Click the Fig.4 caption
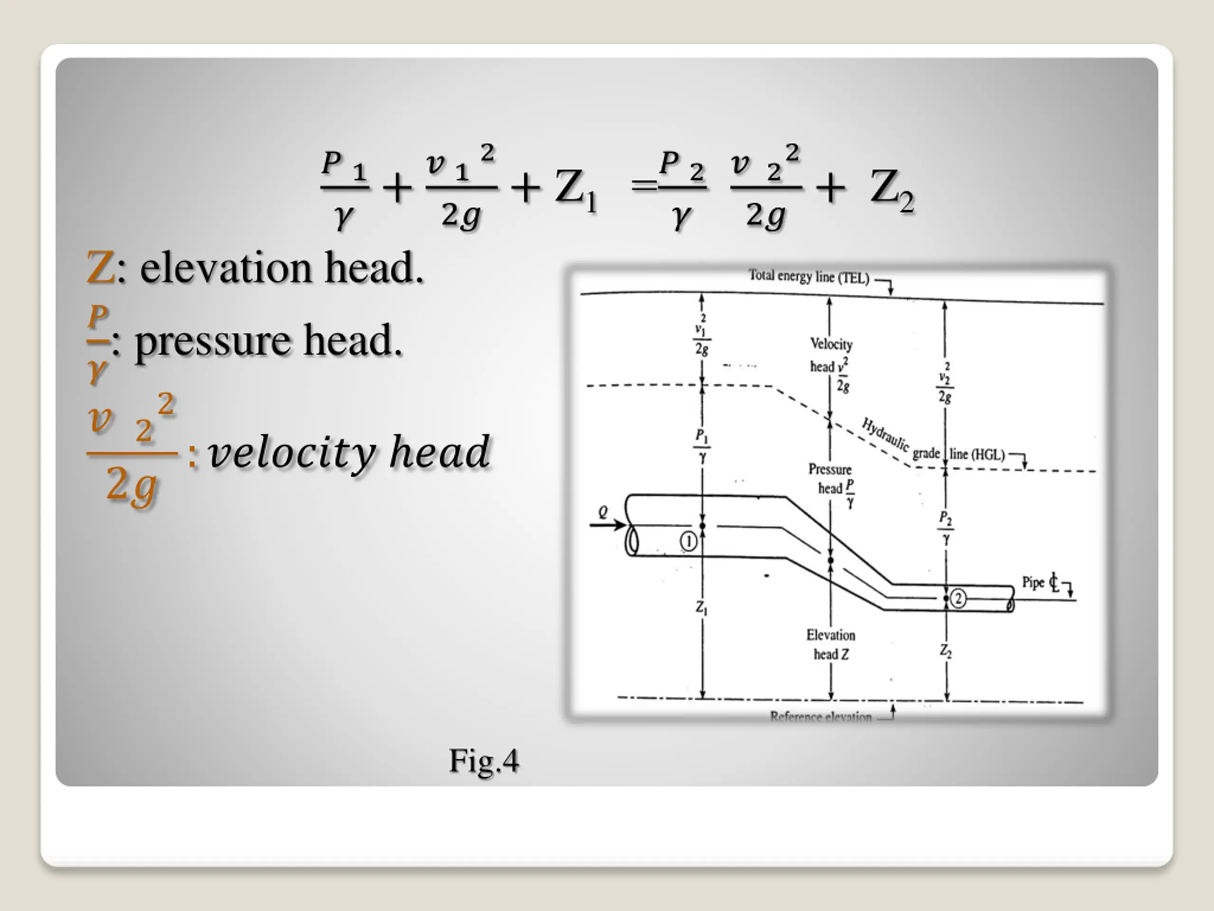click(484, 761)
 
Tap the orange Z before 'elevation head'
click(101, 268)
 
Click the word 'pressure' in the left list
click(212, 341)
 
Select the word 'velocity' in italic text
click(291, 453)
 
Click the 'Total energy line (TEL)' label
click(809, 276)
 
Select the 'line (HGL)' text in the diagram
click(977, 454)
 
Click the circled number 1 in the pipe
click(688, 541)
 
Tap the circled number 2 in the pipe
click(958, 598)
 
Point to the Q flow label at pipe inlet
click(603, 512)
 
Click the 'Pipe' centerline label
click(1033, 582)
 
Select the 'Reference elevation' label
click(820, 716)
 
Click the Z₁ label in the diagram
click(701, 607)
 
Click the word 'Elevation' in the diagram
click(830, 635)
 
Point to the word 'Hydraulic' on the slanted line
click(885, 434)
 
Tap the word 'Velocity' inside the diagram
click(831, 344)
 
